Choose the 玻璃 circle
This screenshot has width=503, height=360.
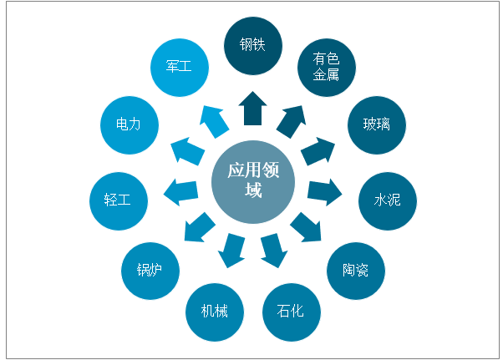click(x=376, y=124)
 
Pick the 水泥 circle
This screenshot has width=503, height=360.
click(x=387, y=200)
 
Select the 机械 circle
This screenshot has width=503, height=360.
click(x=214, y=312)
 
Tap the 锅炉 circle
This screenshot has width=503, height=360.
click(x=150, y=269)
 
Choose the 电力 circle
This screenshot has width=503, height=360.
click(x=128, y=124)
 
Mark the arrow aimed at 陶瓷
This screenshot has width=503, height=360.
click(x=306, y=227)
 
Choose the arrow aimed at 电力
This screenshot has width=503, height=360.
click(x=188, y=151)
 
